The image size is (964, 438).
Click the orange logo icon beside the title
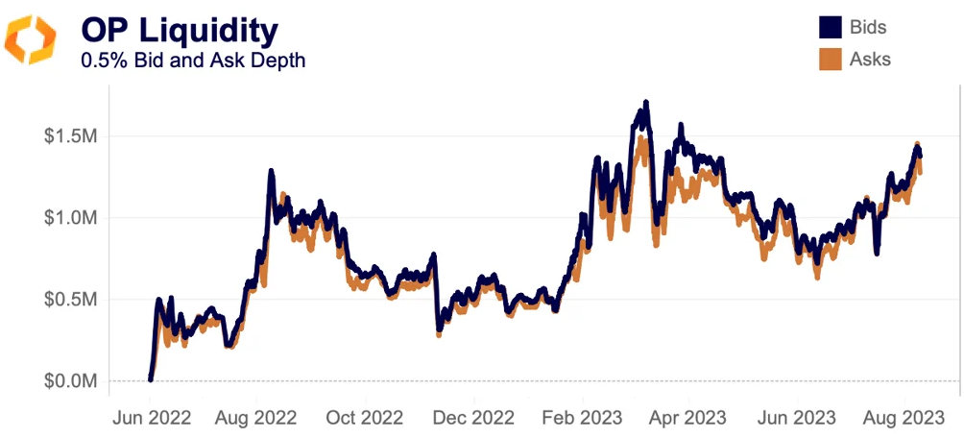31,39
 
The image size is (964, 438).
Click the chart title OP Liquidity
180,30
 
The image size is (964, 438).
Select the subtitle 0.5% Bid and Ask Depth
195,61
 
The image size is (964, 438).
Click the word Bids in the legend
868,28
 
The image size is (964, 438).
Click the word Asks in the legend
870,59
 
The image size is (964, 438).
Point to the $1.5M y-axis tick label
69,136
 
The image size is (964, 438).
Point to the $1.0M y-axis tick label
69,218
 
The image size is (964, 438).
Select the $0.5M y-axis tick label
69,300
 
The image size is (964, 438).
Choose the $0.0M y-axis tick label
69,381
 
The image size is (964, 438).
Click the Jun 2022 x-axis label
152,418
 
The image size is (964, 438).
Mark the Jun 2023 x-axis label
796,418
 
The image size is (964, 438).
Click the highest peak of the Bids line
646,102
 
